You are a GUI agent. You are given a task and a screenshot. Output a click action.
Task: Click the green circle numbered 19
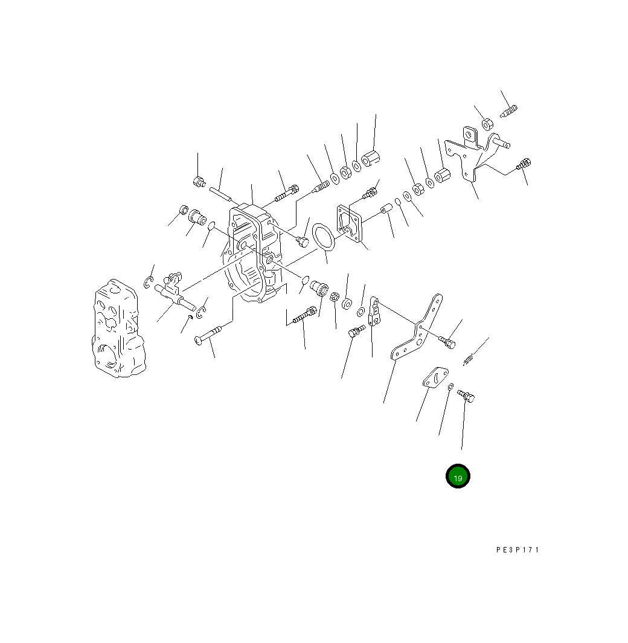458,476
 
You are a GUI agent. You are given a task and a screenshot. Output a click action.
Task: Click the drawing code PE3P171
517,550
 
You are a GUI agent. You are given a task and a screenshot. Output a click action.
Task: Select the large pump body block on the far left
118,328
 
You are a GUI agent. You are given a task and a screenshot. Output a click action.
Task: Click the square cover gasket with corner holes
350,223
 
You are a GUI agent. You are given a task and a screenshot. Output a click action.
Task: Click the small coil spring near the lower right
469,360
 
